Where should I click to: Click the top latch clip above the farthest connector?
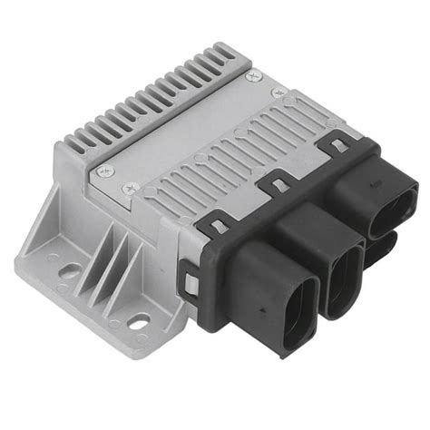[x=337, y=143]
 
